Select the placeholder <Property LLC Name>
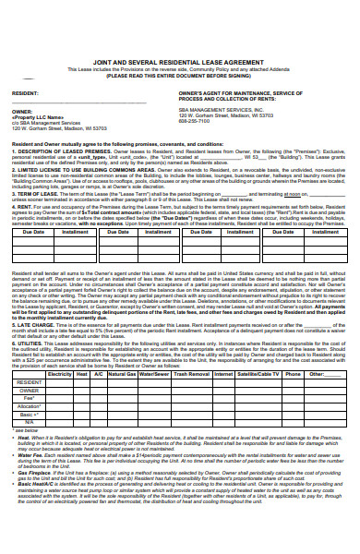[x=38, y=117]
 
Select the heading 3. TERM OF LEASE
[x=36, y=194]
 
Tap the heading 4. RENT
[x=23, y=207]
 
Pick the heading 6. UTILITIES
[x=31, y=341]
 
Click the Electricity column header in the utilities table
[x=60, y=374]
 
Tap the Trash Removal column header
[x=191, y=374]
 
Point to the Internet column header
[x=223, y=374]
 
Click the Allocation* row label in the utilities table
[x=30, y=405]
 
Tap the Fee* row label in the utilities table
[x=30, y=398]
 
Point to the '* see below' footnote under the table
[x=25, y=430]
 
